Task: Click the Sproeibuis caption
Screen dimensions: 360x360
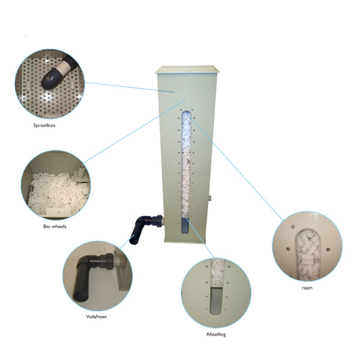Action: pyautogui.click(x=44, y=125)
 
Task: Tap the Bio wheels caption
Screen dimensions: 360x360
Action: pyautogui.click(x=55, y=226)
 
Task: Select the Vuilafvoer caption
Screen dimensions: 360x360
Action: pyautogui.click(x=96, y=317)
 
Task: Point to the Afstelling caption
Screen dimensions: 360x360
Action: pyautogui.click(x=216, y=334)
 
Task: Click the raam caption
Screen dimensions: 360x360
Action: pyautogui.click(x=307, y=288)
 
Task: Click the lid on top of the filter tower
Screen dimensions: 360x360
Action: pyautogui.click(x=187, y=70)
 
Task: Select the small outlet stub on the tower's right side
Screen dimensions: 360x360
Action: pyautogui.click(x=210, y=199)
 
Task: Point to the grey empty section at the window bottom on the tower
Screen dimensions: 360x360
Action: pyautogui.click(x=185, y=225)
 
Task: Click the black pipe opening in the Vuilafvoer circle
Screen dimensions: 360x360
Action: pyautogui.click(x=81, y=296)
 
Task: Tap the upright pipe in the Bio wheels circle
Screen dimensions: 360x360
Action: pyautogui.click(x=81, y=171)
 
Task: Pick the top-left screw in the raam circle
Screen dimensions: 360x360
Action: pyautogui.click(x=292, y=226)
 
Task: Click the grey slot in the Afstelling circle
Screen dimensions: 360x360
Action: pyautogui.click(x=216, y=300)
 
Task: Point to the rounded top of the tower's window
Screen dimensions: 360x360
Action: pyautogui.click(x=186, y=113)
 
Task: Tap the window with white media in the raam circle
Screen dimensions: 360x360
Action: pyautogui.click(x=308, y=255)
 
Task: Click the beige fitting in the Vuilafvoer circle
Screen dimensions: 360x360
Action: pyautogui.click(x=117, y=260)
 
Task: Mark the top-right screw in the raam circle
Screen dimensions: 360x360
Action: pyautogui.click(x=323, y=226)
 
